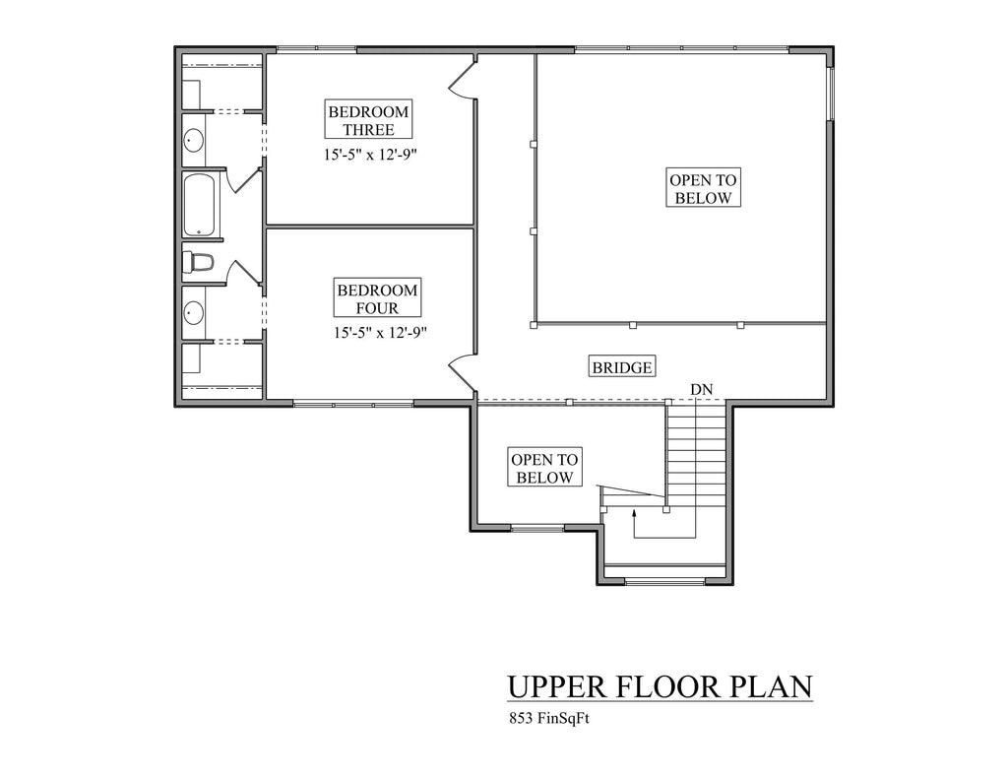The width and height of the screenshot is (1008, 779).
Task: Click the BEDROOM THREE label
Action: [368, 119]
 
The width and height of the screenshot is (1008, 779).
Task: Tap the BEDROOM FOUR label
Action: [377, 298]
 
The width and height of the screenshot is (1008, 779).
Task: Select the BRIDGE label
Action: [622, 367]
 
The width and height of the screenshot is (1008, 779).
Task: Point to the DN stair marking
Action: [701, 389]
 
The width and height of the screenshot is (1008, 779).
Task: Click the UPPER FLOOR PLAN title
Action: [661, 686]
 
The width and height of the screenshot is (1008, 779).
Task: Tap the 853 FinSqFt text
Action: [549, 718]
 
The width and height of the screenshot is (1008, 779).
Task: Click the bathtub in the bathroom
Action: [202, 205]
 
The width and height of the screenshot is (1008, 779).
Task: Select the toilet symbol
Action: [198, 262]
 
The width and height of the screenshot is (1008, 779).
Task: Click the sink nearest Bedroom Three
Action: [194, 140]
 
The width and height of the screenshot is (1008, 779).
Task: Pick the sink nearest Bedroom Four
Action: [194, 312]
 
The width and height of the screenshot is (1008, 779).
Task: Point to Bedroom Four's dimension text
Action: [381, 333]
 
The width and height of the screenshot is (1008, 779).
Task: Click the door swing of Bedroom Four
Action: [461, 372]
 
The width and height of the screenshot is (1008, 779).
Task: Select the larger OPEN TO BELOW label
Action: [703, 188]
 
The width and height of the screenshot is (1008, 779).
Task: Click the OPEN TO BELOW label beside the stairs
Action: [544, 468]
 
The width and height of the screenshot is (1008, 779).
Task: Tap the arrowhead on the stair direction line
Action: [635, 513]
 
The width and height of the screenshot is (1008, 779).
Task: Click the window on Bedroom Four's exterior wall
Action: [353, 404]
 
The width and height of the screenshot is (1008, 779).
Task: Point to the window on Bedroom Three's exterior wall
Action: [316, 48]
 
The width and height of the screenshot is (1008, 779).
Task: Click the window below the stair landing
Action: [664, 581]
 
